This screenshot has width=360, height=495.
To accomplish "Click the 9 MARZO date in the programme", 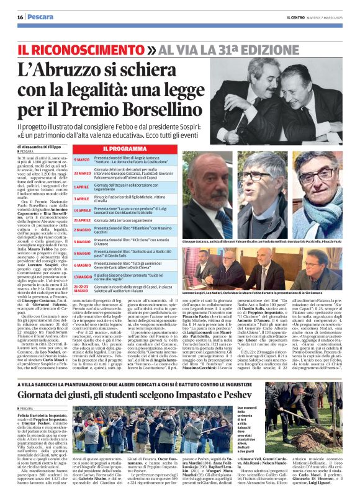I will pyautogui.click(x=83, y=160).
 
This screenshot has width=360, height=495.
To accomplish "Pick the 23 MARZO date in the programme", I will pyautogui.click(x=83, y=172).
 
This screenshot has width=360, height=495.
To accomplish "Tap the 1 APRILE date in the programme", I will pyautogui.click(x=83, y=186).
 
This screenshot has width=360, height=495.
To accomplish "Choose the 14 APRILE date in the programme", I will pyautogui.click(x=83, y=211).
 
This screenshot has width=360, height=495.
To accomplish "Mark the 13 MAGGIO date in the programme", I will pyautogui.click(x=83, y=276).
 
